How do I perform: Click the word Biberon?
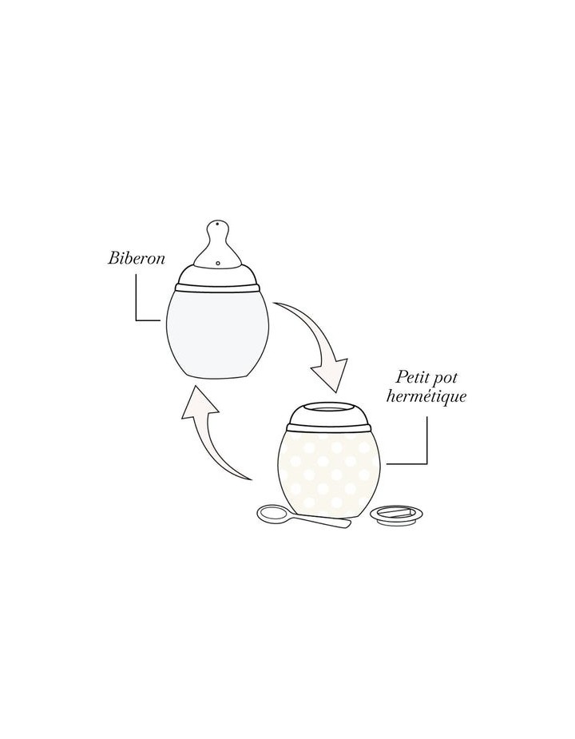tap(137, 260)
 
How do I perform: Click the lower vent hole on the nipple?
tap(218, 261)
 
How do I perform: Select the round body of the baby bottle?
tap(217, 332)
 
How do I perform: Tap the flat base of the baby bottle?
tap(217, 376)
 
